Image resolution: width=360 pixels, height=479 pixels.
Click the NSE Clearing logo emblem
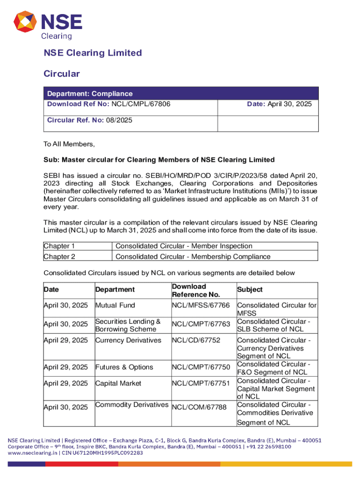[27, 25]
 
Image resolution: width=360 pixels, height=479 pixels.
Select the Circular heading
[62, 74]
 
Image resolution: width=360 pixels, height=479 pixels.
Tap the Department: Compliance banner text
[89, 94]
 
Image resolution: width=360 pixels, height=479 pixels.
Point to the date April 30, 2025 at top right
[289, 103]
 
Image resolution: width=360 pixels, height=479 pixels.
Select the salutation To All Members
[69, 144]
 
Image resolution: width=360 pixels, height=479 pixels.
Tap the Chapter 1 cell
[59, 246]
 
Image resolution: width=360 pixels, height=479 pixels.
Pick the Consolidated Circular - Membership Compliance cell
[193, 256]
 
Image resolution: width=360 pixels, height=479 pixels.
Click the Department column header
[115, 290]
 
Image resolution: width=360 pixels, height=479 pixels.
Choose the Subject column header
[250, 290]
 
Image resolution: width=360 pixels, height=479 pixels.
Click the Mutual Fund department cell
[115, 305]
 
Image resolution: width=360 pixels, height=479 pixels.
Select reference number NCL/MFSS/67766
[201, 305]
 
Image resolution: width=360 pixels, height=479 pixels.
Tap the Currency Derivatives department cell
[128, 340]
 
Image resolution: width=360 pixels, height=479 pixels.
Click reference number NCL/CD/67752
[196, 340]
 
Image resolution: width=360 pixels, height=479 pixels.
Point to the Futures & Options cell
[124, 368]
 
